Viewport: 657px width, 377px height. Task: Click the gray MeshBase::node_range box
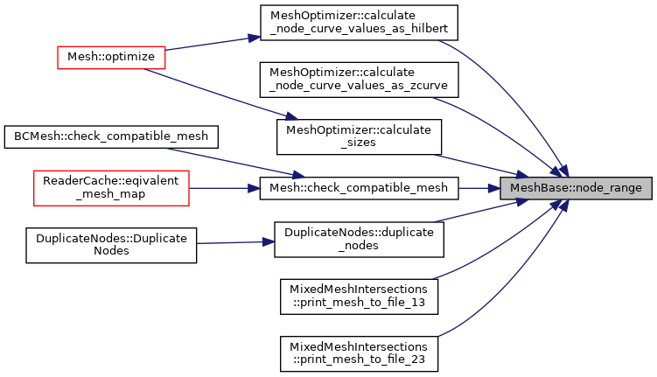[x=576, y=188]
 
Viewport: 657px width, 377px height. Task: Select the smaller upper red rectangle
[x=111, y=58]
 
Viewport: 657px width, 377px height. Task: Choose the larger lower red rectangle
[x=111, y=188]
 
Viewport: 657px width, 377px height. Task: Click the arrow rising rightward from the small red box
[x=210, y=44]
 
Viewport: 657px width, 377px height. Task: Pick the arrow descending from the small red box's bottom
[x=219, y=94]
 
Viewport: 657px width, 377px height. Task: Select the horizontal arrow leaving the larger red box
[x=223, y=188]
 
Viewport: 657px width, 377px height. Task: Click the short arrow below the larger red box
[x=232, y=242]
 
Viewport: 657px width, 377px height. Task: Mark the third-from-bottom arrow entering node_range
[x=481, y=211]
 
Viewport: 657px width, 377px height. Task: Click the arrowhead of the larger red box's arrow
[x=255, y=188]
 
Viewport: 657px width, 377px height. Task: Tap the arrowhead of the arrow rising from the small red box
[x=255, y=38]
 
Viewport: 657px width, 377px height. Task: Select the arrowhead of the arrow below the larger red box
[x=269, y=241]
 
